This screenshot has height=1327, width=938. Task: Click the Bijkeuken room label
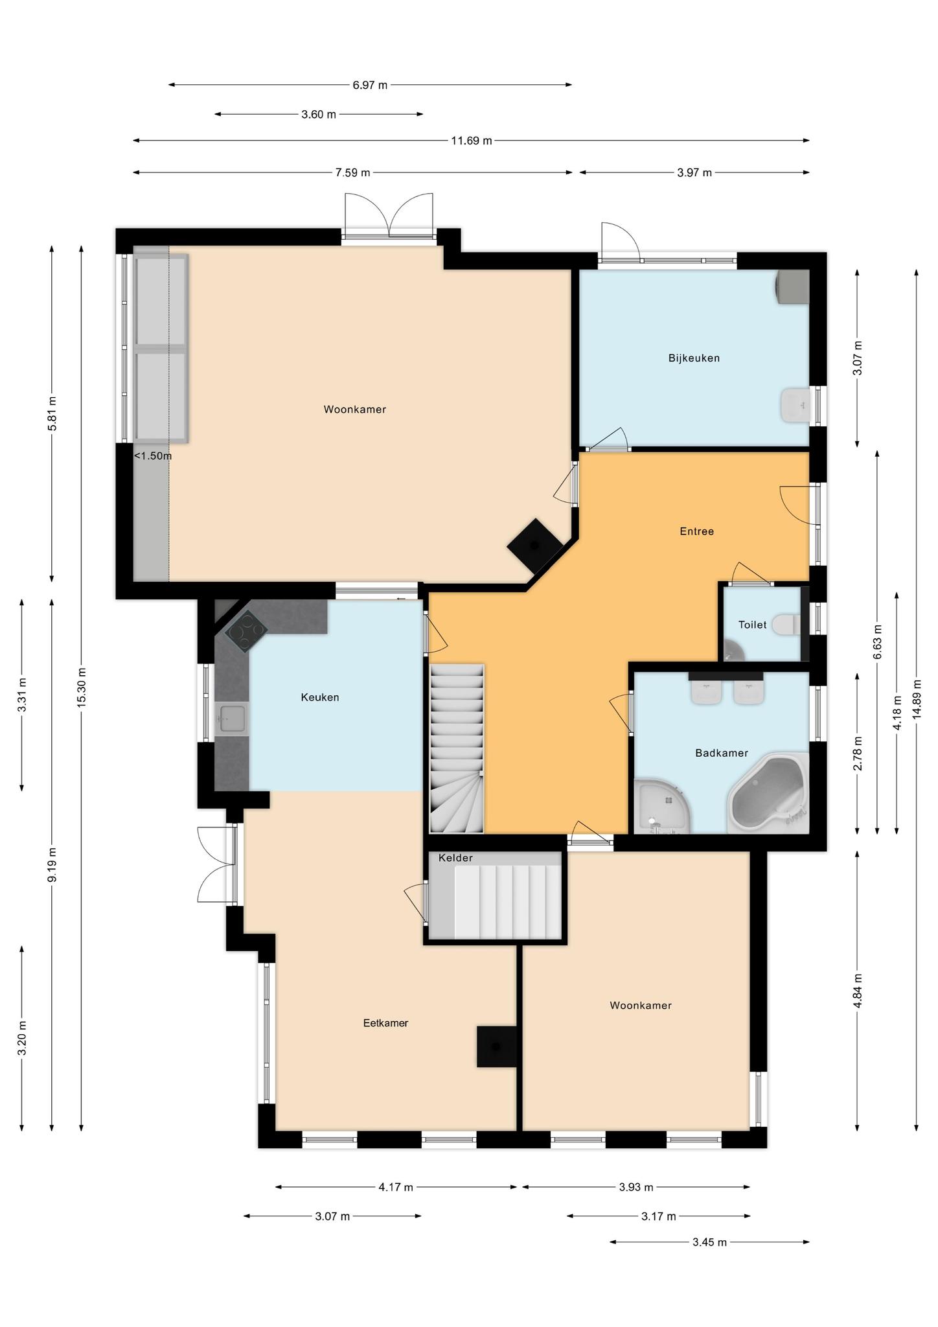[694, 358]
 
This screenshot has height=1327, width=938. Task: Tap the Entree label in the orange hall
[696, 531]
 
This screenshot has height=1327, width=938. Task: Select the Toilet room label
[752, 625]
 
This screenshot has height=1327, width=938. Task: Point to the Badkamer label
[721, 753]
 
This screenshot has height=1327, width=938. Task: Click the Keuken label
[320, 697]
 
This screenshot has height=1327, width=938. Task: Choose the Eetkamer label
[385, 1023]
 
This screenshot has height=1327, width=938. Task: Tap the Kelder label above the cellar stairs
[455, 858]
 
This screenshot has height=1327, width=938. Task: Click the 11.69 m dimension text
[472, 141]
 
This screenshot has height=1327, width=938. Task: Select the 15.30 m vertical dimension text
[82, 687]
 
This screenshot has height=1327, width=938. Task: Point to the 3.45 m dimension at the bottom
[709, 1242]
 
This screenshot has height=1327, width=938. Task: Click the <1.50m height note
[153, 456]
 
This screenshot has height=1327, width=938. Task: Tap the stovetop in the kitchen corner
[246, 631]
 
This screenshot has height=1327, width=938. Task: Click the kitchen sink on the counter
[233, 719]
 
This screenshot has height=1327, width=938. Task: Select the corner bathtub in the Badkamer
[768, 793]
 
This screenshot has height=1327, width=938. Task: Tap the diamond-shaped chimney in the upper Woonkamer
[534, 546]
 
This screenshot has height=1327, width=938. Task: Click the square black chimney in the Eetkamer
[497, 1046]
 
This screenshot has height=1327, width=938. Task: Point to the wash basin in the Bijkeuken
[795, 406]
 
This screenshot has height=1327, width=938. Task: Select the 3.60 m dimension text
[319, 115]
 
